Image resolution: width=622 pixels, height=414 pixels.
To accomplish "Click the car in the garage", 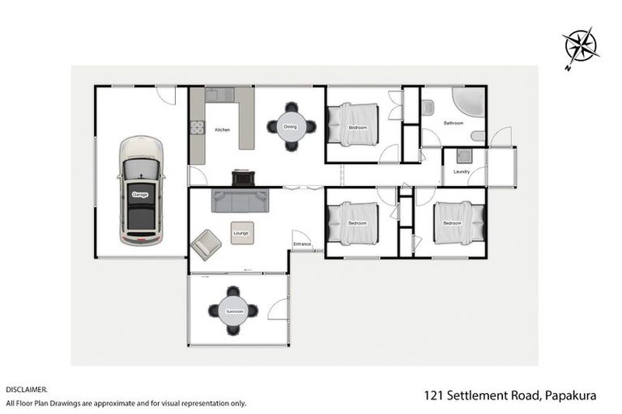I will point(141,191).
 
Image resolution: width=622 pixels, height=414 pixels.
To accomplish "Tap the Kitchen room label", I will point(222,130).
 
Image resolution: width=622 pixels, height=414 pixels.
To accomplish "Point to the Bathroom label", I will point(453,123).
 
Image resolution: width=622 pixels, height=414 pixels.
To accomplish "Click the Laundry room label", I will point(462,171).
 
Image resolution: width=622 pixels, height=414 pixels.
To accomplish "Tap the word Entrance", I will point(302,243).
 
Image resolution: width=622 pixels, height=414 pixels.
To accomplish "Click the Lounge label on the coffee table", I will point(241,233).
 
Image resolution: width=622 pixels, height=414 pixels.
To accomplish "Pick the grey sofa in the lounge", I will point(239,199).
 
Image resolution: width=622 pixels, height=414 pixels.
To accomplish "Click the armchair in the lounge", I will point(206,243).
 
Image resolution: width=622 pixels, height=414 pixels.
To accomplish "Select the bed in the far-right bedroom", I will point(458,222).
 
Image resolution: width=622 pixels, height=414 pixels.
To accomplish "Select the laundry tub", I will point(464,156).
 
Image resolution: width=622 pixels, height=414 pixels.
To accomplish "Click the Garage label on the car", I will point(138,195).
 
